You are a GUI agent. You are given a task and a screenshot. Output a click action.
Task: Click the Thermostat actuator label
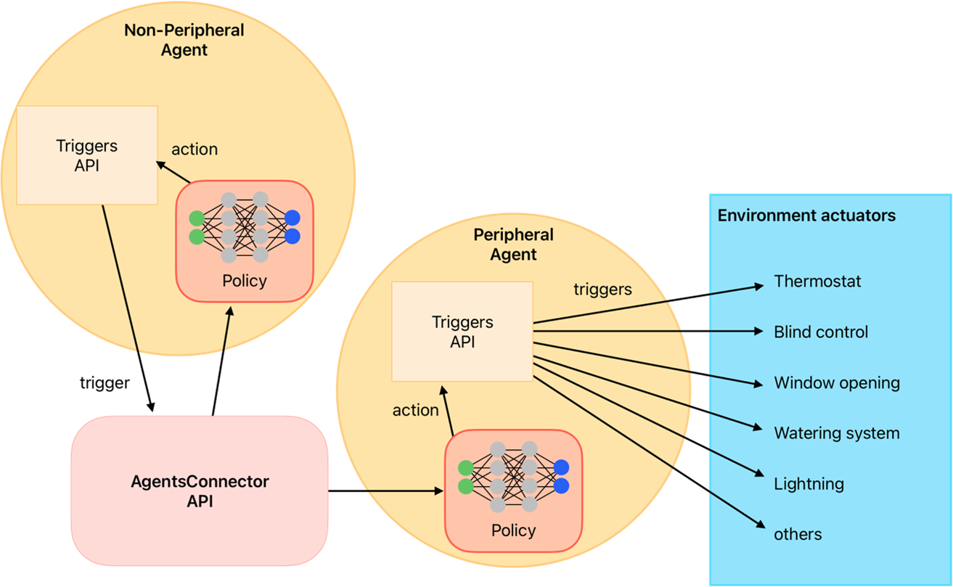817,281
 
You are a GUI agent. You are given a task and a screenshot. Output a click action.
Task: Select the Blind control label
821,332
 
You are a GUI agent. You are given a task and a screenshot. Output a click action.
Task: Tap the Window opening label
837,382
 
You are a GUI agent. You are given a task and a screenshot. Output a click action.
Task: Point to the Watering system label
837,433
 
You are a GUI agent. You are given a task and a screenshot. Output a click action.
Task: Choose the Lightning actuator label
809,484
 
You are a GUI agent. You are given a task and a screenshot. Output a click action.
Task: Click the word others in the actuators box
798,535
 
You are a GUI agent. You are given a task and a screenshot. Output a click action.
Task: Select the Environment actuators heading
806,215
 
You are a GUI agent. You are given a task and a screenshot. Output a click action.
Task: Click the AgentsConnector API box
200,490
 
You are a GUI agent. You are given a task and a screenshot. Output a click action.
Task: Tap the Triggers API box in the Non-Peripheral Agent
87,155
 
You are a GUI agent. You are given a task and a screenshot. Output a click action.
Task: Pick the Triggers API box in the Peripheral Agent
462,332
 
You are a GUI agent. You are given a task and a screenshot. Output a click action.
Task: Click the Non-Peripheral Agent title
184,40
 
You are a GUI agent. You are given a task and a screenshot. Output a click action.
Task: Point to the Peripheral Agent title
513,245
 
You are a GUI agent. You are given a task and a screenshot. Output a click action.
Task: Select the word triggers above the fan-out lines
602,290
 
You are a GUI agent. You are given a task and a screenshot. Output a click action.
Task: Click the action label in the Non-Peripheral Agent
195,149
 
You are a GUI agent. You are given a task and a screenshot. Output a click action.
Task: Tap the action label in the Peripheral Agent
416,410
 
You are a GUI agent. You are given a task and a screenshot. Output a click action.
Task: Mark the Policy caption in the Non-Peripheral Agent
245,281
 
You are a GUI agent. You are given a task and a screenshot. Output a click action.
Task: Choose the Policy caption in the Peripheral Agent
513,530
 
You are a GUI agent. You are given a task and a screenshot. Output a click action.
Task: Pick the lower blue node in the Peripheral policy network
560,485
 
